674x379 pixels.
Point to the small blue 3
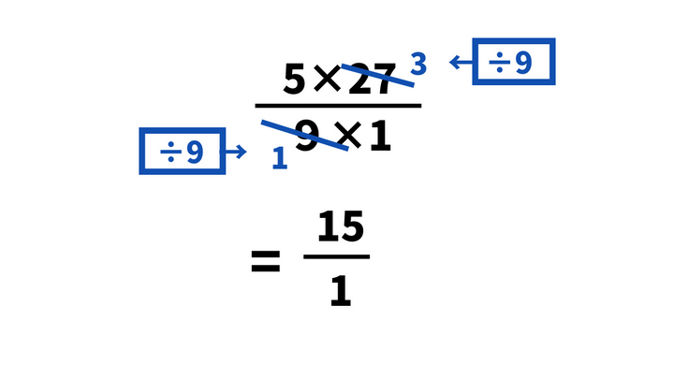(x=418, y=64)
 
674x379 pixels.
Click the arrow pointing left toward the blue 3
(x=459, y=63)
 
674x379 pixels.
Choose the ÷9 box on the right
(x=514, y=62)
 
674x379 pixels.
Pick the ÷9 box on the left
(x=183, y=151)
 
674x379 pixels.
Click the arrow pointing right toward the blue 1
(x=237, y=152)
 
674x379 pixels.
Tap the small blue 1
(x=279, y=158)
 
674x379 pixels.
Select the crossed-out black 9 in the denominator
(x=307, y=137)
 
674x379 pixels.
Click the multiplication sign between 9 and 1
(x=347, y=137)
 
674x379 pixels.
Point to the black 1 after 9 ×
(x=379, y=137)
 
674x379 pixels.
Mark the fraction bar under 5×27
(x=338, y=106)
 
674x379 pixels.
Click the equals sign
(x=266, y=263)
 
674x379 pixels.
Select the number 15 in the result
(x=340, y=227)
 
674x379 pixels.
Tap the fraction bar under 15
(x=337, y=256)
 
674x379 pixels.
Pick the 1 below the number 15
(x=340, y=291)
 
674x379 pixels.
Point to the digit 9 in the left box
(x=195, y=152)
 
